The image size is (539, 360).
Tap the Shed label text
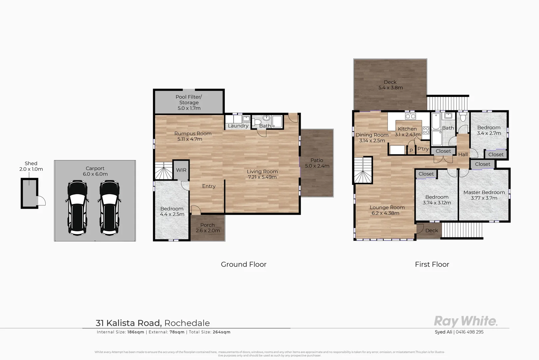click(x=31, y=163)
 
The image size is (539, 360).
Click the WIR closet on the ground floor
click(x=181, y=170)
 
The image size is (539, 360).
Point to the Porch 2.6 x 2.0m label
click(x=208, y=228)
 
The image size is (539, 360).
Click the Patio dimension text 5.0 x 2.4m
click(x=317, y=166)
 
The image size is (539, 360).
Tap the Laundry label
click(x=238, y=126)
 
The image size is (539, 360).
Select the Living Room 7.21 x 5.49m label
click(x=262, y=174)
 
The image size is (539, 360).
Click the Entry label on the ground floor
click(x=209, y=186)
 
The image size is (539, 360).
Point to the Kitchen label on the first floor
click(x=407, y=129)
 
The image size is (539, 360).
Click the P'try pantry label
click(x=423, y=149)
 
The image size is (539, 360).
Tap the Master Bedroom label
click(x=484, y=192)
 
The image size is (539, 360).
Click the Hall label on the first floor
click(x=463, y=155)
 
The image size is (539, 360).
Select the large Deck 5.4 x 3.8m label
click(x=390, y=85)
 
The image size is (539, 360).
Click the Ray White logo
click(x=465, y=321)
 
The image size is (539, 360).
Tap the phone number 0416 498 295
click(x=469, y=332)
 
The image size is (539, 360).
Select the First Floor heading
click(x=432, y=264)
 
